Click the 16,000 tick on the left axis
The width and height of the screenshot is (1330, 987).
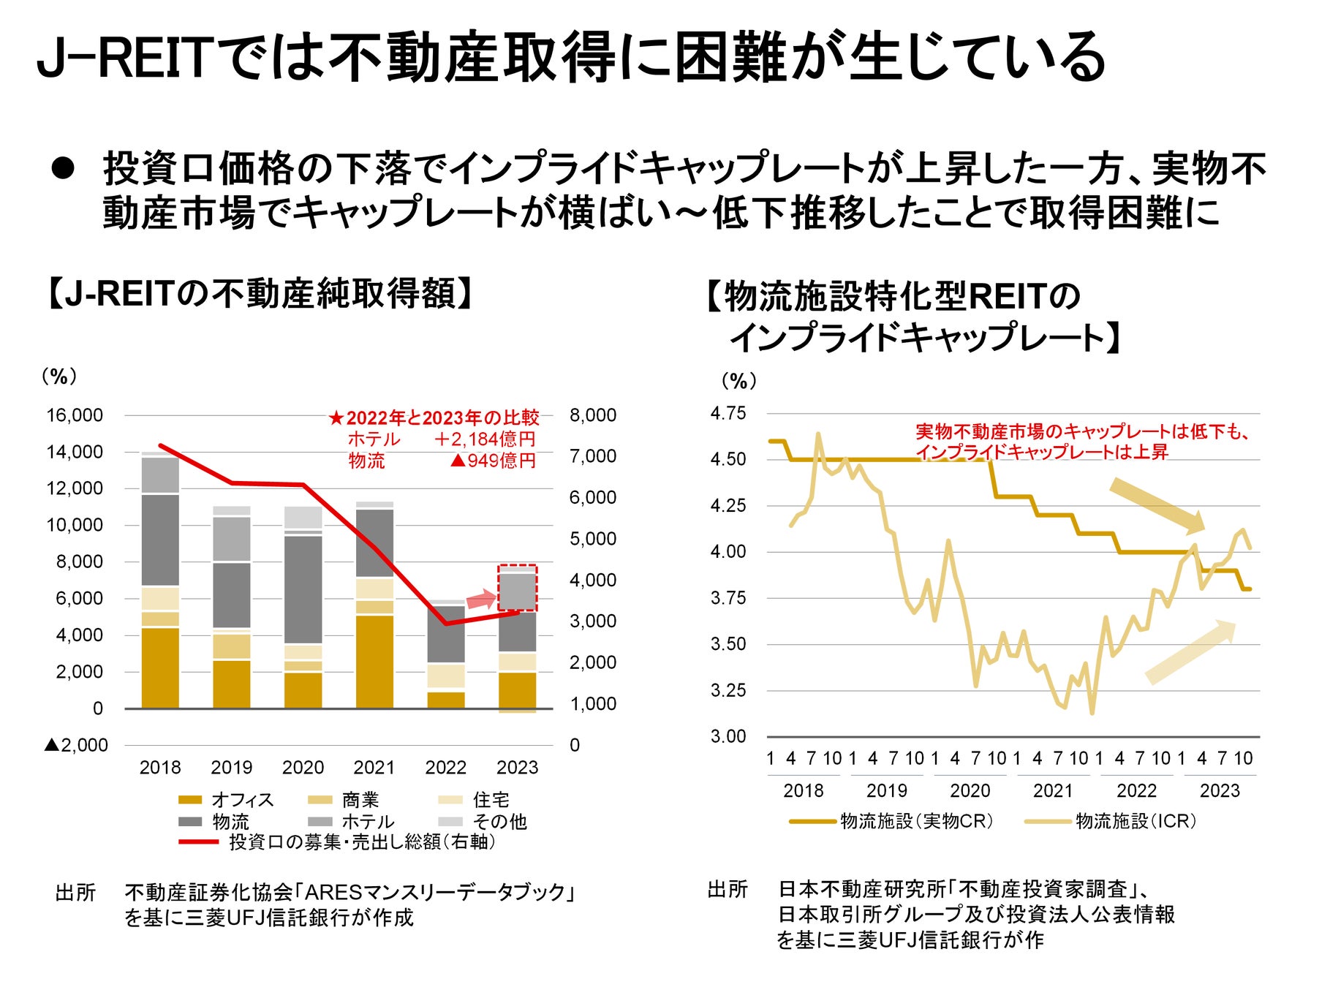coord(75,415)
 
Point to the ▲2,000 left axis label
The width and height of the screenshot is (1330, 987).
coord(76,745)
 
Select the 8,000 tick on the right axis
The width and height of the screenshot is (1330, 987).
coord(593,415)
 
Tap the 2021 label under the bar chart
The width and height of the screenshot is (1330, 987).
coord(374,767)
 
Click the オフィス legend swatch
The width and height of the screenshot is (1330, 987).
coord(190,800)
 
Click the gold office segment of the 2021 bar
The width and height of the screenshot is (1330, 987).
coord(374,662)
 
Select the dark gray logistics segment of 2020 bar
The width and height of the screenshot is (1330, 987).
coord(303,589)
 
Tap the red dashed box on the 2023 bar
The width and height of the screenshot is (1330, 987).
coord(518,588)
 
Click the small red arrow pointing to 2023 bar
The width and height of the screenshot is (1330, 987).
coord(481,600)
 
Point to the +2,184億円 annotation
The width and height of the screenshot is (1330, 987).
coord(485,439)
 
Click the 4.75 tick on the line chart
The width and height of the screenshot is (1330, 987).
coord(728,413)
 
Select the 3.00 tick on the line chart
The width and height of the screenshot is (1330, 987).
coord(728,736)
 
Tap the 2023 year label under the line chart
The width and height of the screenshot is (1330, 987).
coord(1220,790)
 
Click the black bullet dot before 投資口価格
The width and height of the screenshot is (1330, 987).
coord(63,168)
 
